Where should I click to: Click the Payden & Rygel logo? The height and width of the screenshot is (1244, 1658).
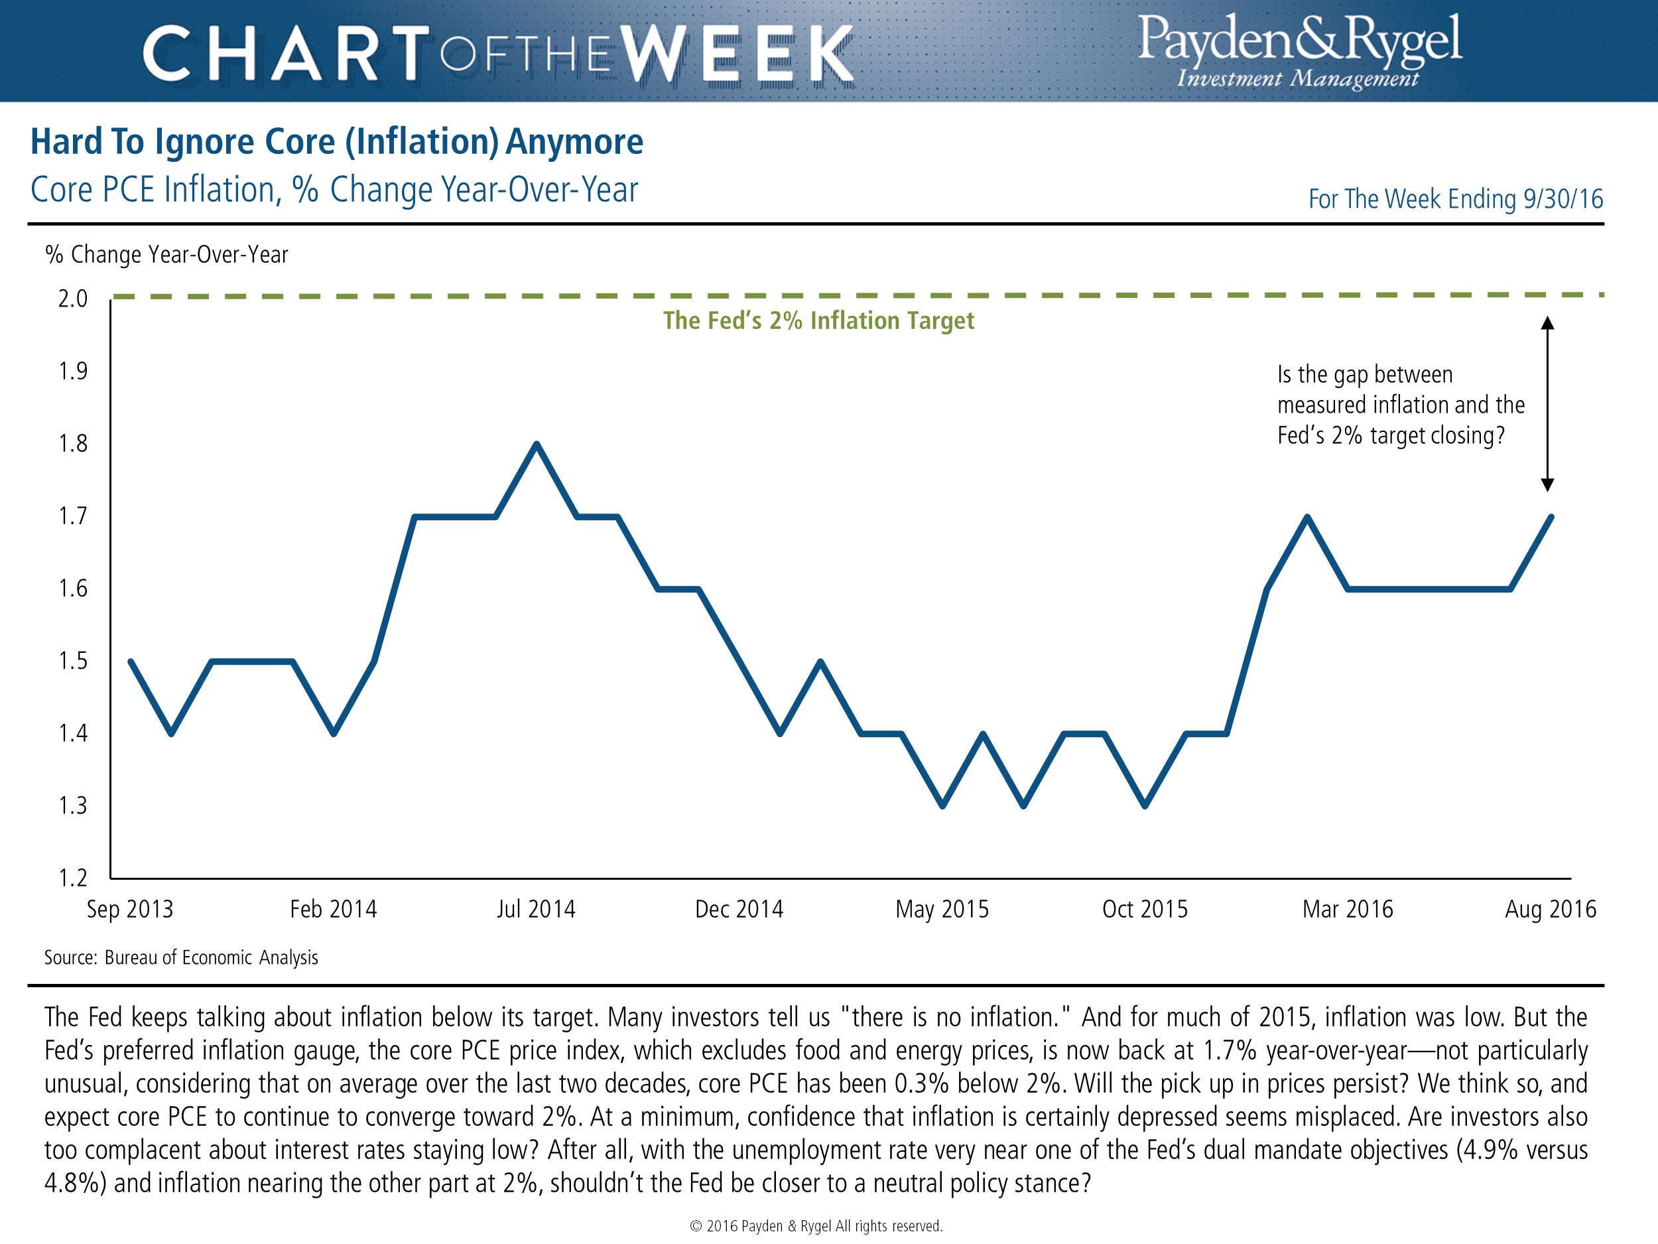1299,51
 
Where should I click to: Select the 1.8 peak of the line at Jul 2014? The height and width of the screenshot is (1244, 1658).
537,444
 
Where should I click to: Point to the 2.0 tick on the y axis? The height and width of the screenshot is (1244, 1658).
74,299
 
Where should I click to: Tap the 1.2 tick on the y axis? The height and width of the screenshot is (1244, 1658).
74,877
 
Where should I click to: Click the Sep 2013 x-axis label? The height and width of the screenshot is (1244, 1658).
130,909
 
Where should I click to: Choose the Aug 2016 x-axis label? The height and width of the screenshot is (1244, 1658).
1550,909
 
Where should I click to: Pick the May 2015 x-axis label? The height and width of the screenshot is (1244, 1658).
942,909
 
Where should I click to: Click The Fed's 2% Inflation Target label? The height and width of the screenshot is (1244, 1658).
818,321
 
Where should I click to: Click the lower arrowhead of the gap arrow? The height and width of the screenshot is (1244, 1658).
1547,484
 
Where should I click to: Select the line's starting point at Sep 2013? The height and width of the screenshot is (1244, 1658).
131,661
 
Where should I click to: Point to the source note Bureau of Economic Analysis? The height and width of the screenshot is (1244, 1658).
212,957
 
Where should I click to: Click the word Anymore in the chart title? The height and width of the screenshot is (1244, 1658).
574,142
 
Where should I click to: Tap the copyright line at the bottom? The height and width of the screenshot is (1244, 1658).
816,1226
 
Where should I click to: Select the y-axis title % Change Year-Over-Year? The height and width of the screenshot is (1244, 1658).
166,255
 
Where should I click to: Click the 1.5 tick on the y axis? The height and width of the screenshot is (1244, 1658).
74,661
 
